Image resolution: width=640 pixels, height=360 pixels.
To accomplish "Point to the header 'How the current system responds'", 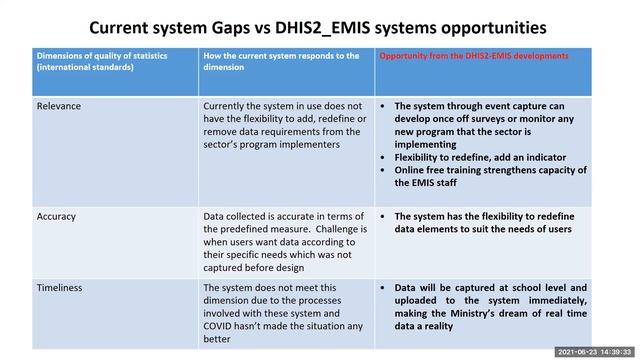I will coord(280,55).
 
